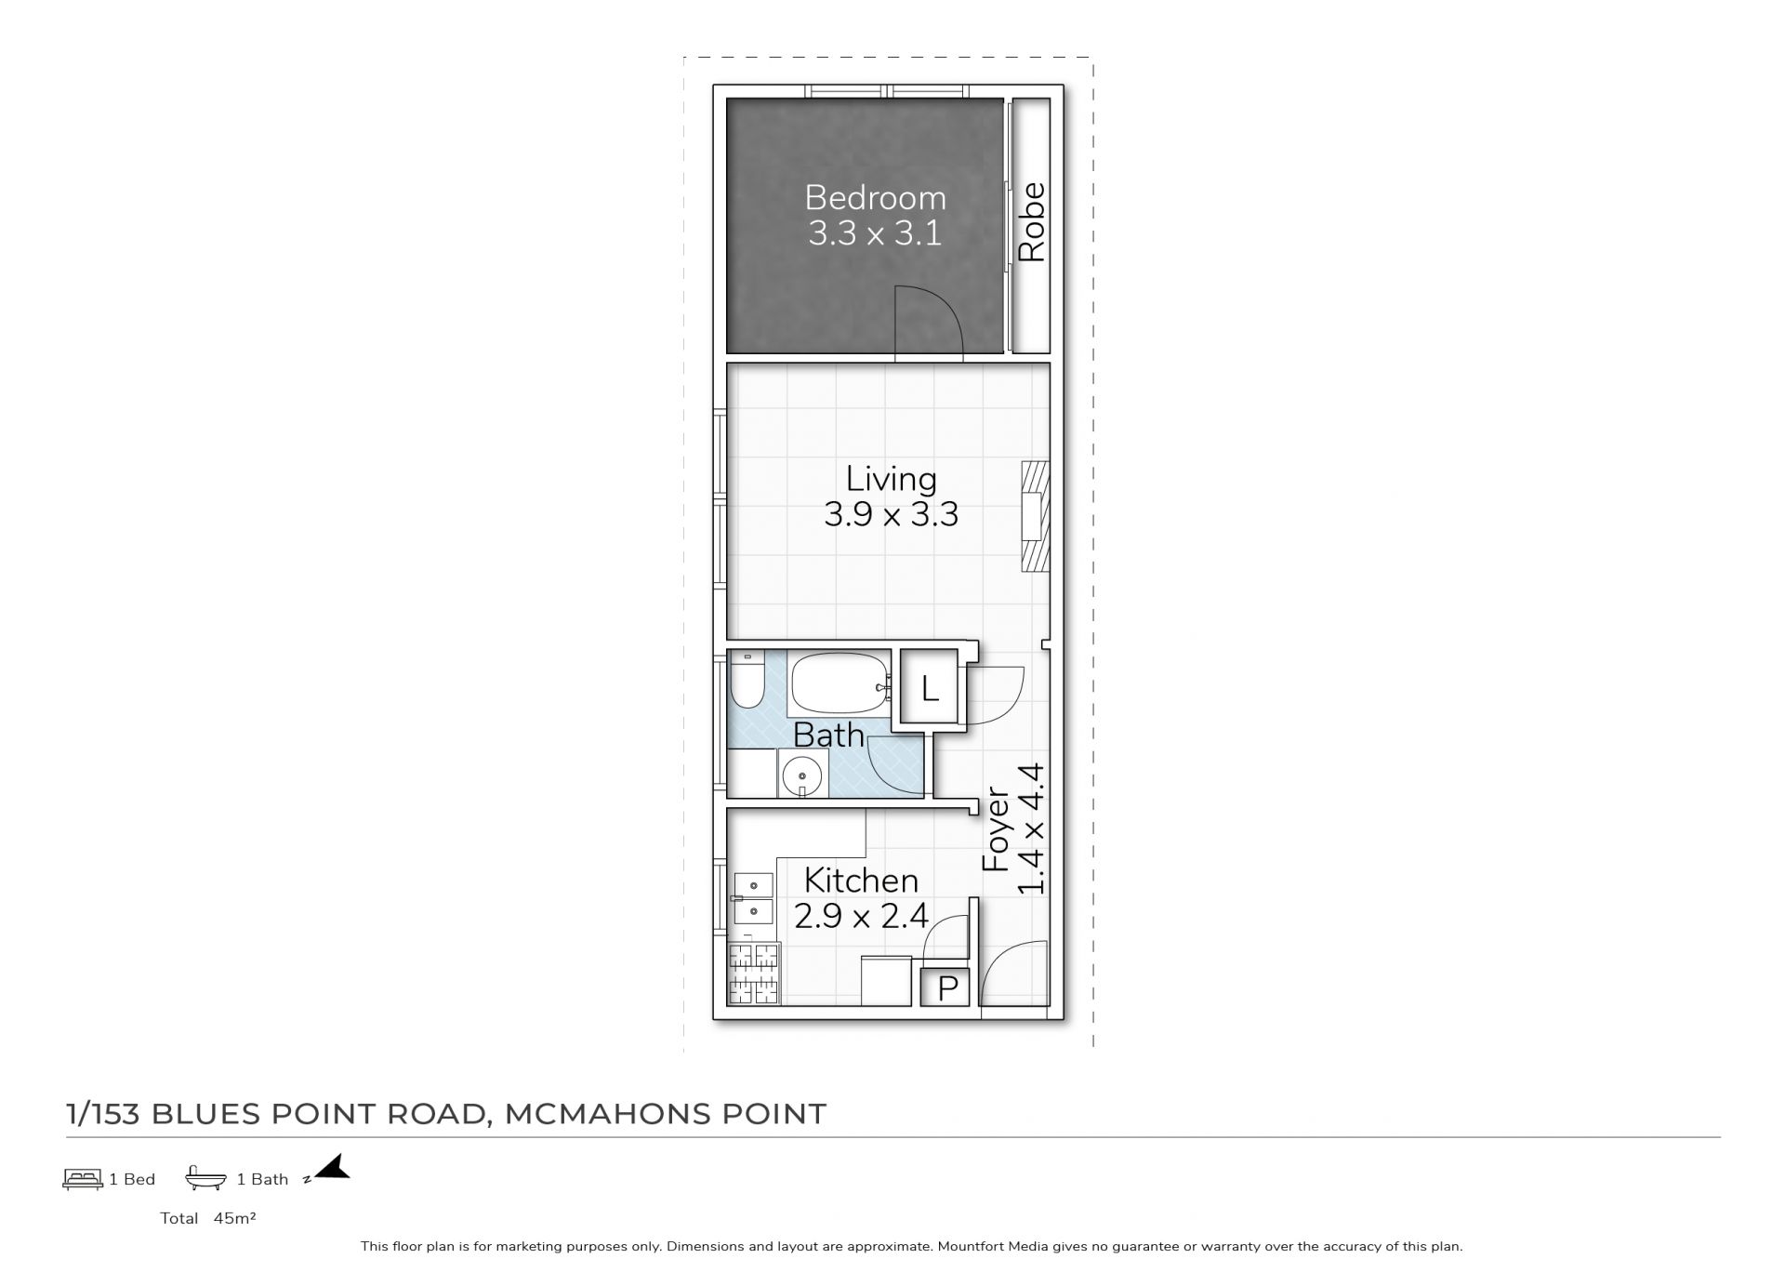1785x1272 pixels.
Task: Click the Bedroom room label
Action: tap(875, 197)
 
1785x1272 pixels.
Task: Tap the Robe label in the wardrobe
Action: tap(1032, 222)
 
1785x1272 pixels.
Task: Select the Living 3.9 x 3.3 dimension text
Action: tap(891, 514)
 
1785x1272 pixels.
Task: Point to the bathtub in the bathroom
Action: tap(840, 684)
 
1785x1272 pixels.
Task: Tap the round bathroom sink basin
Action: tap(801, 775)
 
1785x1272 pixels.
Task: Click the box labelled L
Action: tap(930, 689)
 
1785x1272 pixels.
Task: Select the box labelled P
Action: tap(946, 987)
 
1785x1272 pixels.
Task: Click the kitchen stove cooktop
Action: tap(754, 974)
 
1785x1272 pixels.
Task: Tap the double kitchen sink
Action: tap(753, 897)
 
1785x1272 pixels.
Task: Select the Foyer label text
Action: tap(996, 830)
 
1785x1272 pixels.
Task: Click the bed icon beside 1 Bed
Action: tap(83, 1179)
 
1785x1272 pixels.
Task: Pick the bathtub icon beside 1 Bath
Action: tap(205, 1178)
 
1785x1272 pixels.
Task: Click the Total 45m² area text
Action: tap(207, 1218)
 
